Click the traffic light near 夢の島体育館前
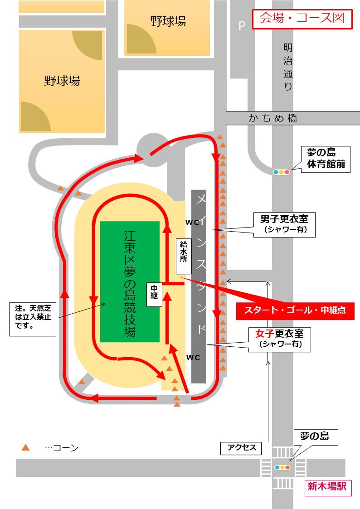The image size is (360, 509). click(x=281, y=172)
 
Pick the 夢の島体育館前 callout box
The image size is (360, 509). click(x=325, y=158)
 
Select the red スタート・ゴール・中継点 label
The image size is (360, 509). click(x=295, y=310)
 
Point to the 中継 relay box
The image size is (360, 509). click(x=154, y=295)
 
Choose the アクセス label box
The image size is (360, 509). click(x=242, y=448)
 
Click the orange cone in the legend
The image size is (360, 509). click(x=26, y=447)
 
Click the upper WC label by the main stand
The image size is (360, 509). click(x=192, y=223)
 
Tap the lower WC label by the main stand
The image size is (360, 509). click(x=193, y=358)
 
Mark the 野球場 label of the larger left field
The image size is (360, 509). click(x=62, y=81)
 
